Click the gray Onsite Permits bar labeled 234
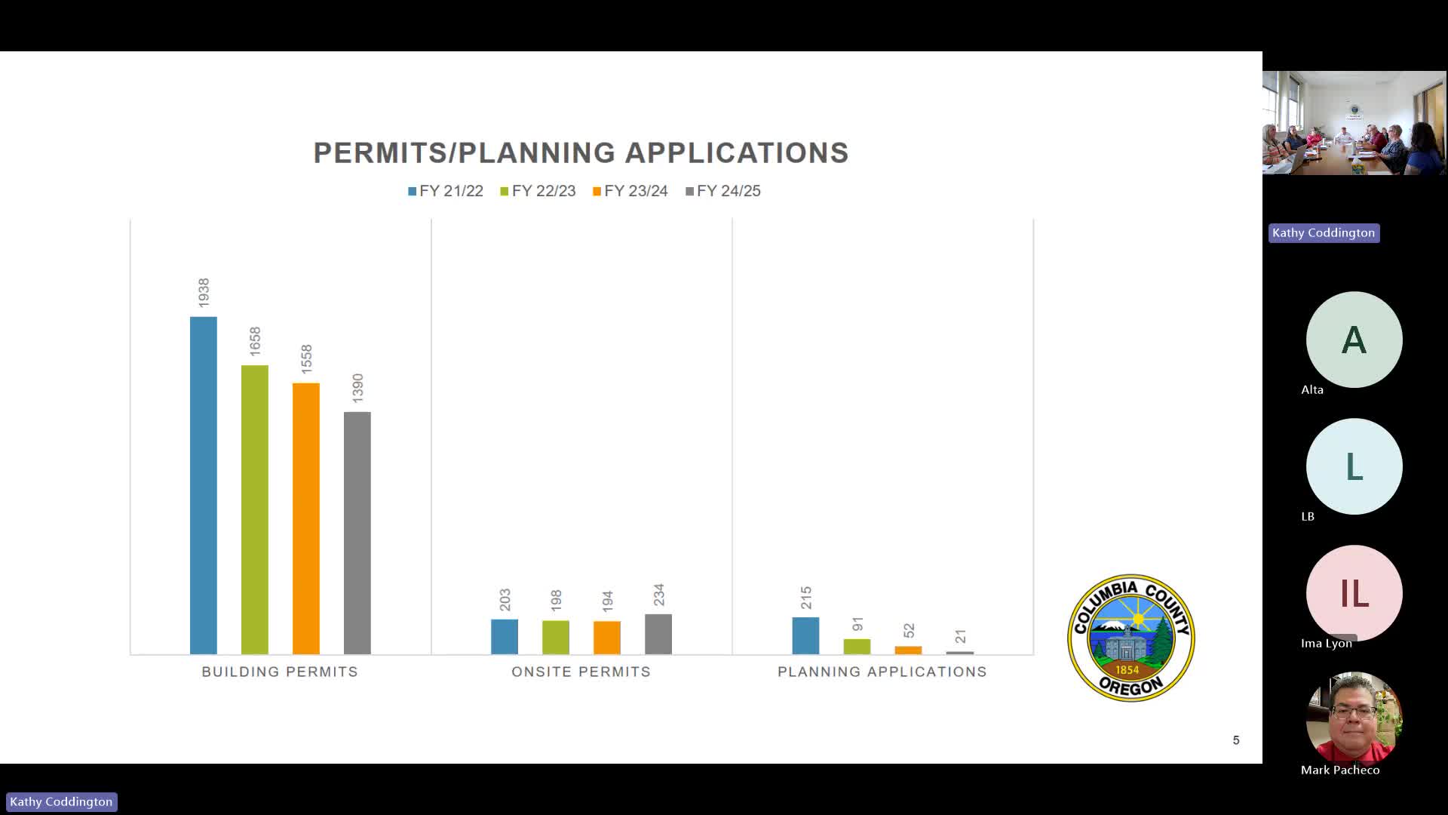(x=658, y=634)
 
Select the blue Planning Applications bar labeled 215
(x=805, y=635)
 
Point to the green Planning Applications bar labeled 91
(x=857, y=646)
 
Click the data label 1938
(x=204, y=293)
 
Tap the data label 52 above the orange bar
(x=909, y=630)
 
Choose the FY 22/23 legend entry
(x=538, y=191)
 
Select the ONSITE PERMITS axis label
(x=581, y=672)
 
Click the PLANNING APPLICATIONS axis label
(x=882, y=672)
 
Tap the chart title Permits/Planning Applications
(x=581, y=152)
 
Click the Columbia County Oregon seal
(x=1130, y=638)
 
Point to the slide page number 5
(x=1236, y=740)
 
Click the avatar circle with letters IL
(x=1354, y=593)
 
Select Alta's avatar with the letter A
(x=1354, y=340)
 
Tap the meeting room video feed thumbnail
(x=1354, y=123)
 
